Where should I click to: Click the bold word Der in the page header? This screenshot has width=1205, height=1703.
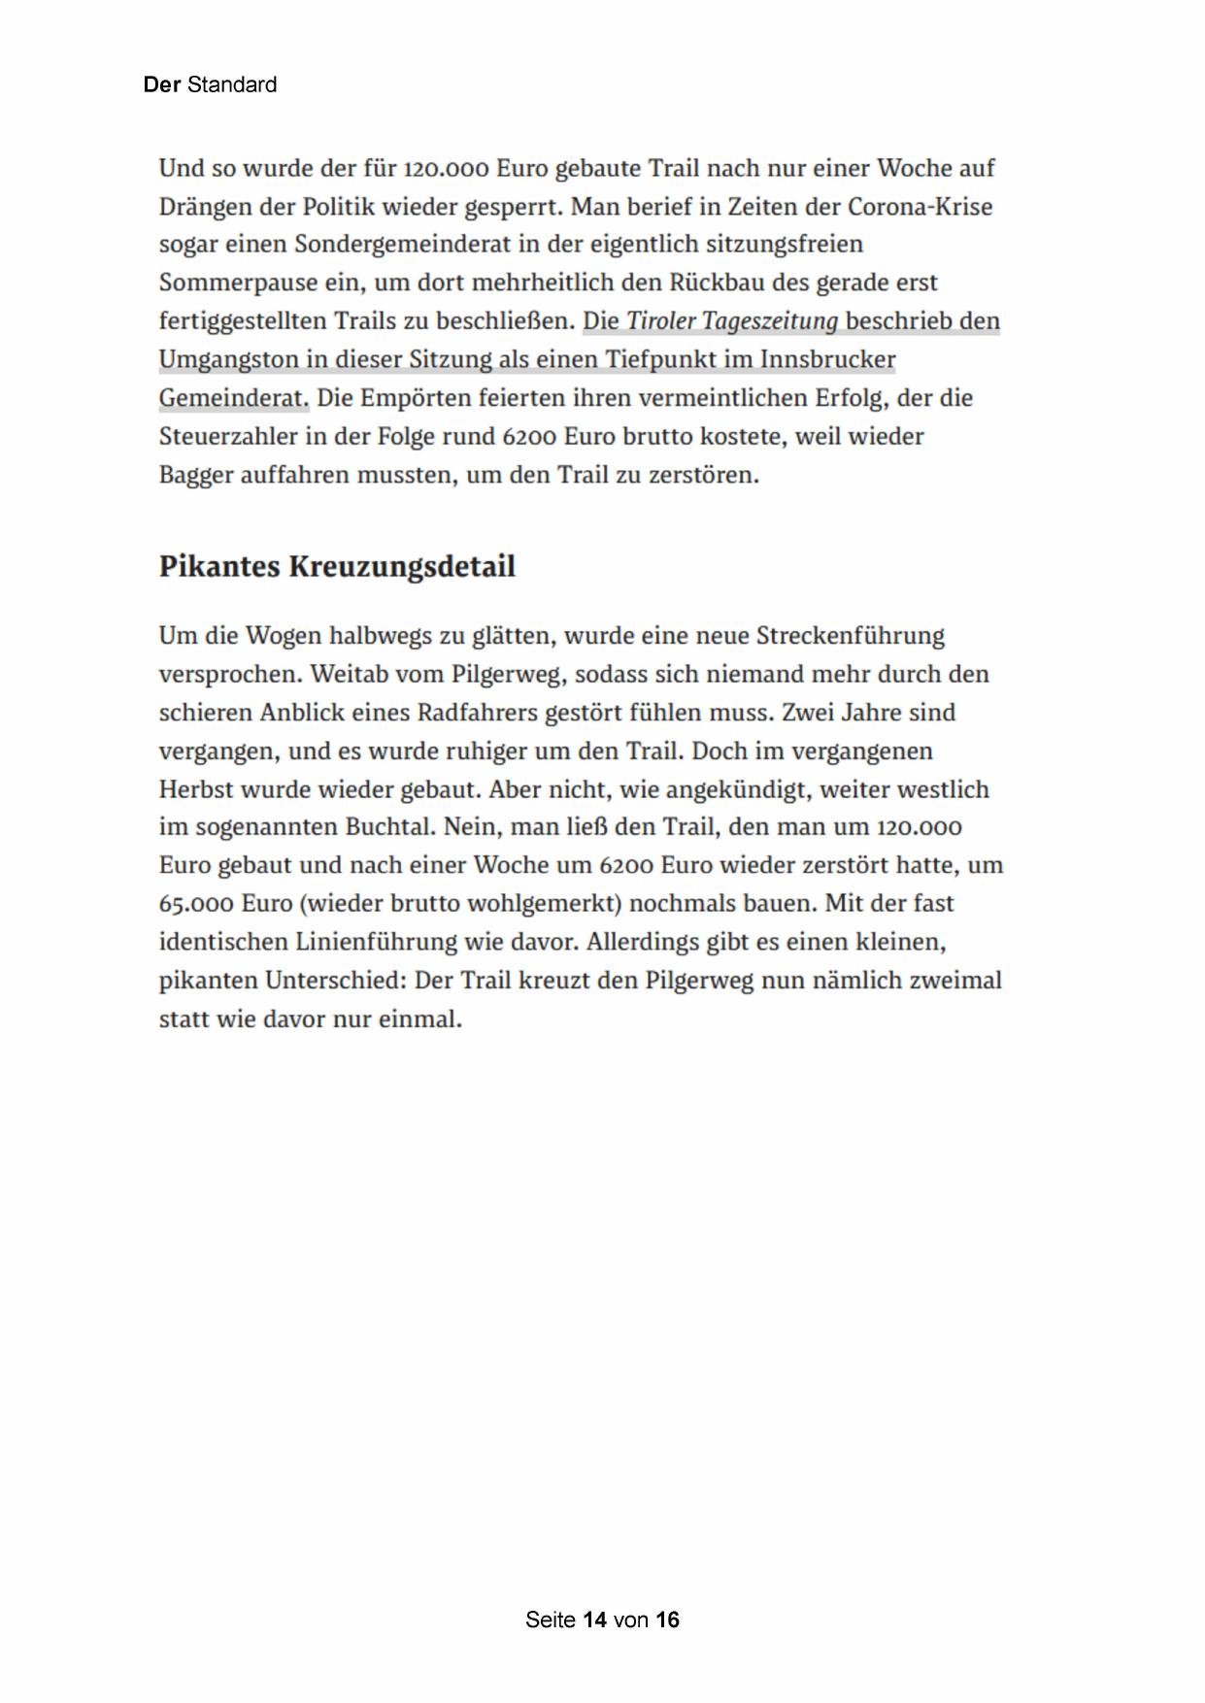click(x=161, y=85)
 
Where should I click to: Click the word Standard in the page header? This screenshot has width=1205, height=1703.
click(x=232, y=85)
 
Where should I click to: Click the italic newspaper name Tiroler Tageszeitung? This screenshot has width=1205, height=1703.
click(x=732, y=321)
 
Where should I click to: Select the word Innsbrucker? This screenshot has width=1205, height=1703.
click(x=827, y=360)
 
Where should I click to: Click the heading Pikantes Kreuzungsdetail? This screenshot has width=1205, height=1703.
click(x=337, y=566)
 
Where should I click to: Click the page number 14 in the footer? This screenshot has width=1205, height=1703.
click(x=595, y=1620)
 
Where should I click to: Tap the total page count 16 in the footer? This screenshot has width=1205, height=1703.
click(x=667, y=1620)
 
